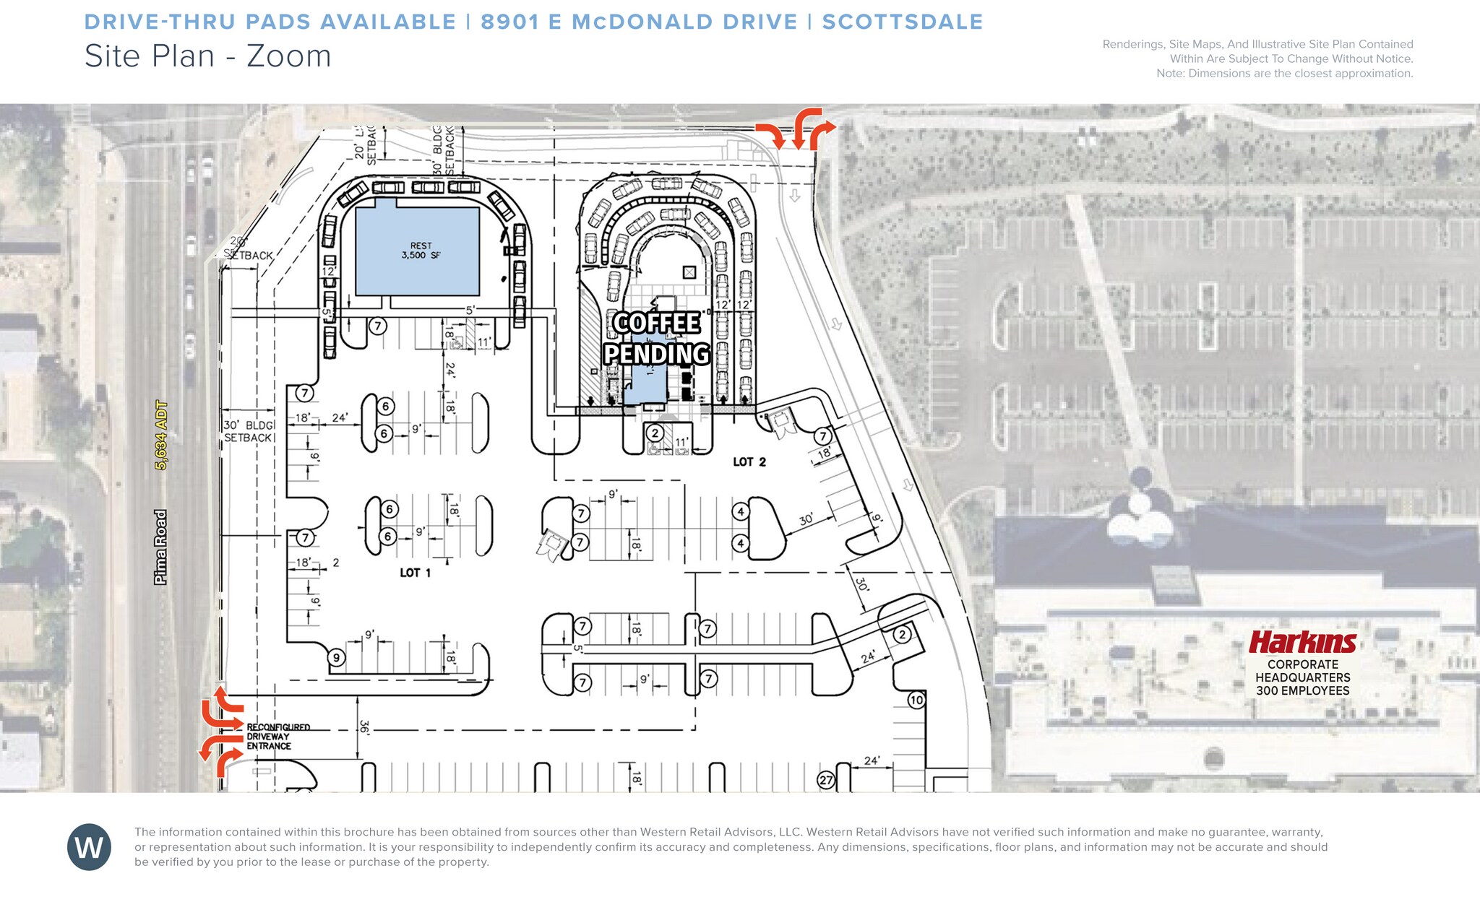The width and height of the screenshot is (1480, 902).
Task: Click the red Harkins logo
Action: tap(1302, 641)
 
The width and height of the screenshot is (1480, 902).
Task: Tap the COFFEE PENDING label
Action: tap(657, 338)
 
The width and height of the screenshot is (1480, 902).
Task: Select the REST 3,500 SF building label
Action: tap(421, 251)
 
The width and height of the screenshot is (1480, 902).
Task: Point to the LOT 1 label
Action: tap(415, 573)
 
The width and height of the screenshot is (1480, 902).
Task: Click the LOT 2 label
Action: tap(749, 462)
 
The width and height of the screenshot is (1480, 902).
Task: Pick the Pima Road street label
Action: tap(160, 547)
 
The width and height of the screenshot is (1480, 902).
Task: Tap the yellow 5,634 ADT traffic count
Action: tap(161, 435)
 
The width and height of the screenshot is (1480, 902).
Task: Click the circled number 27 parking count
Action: tap(826, 780)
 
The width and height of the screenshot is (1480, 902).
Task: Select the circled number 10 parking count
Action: tap(916, 700)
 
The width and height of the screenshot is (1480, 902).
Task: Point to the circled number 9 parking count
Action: tap(336, 657)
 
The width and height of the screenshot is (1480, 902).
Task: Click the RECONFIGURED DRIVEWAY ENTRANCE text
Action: tap(277, 737)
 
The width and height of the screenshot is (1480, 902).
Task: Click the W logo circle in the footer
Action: tap(89, 846)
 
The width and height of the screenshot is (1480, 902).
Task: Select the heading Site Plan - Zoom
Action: tap(207, 56)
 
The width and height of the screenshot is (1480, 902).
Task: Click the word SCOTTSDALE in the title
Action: tap(903, 22)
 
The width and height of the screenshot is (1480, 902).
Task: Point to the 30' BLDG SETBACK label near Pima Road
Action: tap(248, 431)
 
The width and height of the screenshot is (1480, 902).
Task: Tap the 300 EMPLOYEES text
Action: tap(1302, 690)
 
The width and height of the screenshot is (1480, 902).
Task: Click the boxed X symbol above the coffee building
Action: tap(689, 272)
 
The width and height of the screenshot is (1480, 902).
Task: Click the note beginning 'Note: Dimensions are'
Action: tap(1284, 73)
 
